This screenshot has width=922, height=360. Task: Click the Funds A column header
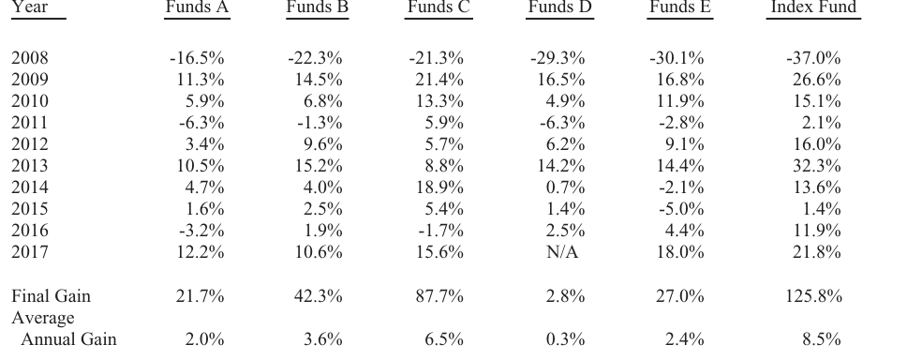coord(197,7)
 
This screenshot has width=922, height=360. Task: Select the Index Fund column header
coord(813,7)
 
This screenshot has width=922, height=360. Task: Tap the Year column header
coord(30,7)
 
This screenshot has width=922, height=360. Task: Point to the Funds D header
coord(559,7)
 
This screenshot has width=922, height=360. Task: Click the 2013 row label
coord(30,166)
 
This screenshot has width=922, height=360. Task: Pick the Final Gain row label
coord(52,295)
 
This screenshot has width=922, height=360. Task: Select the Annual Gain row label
coord(68,339)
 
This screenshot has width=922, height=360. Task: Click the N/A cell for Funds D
coord(562,252)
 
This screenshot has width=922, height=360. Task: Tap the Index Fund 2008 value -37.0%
coord(813,58)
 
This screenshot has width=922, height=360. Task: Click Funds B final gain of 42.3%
coord(319,295)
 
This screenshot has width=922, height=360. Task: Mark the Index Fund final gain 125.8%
coord(814,295)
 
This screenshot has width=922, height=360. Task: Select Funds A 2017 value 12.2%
coord(201,252)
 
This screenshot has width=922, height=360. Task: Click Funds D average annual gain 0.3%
coord(565,339)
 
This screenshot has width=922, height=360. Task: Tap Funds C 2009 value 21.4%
coord(439,80)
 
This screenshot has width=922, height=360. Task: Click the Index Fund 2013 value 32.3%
coord(817,166)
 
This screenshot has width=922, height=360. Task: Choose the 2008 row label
coord(30,58)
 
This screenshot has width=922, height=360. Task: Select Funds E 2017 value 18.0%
coord(680,252)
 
